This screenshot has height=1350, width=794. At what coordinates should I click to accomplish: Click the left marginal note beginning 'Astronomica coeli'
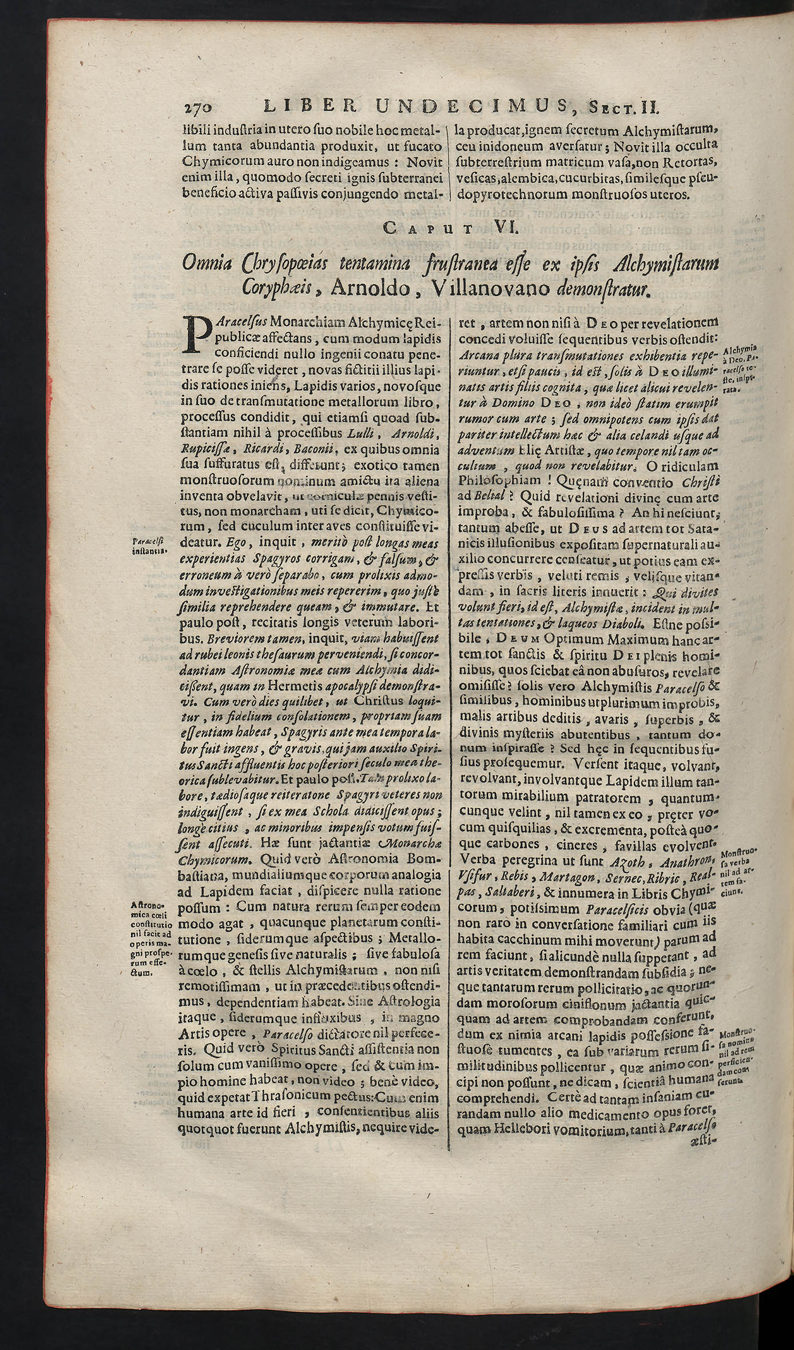(148, 939)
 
